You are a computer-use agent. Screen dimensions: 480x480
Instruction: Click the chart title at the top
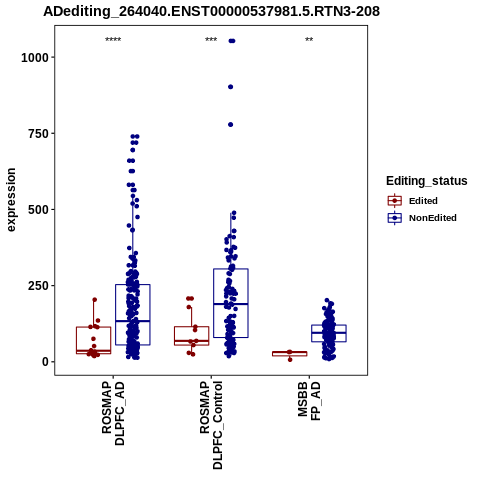coord(211,11)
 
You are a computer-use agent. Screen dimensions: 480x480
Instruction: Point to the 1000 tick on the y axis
coord(35,58)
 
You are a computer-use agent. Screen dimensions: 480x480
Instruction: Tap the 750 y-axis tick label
coord(39,134)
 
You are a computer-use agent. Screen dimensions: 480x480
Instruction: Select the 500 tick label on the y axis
coord(39,210)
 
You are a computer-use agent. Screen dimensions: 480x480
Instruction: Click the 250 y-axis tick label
coord(39,286)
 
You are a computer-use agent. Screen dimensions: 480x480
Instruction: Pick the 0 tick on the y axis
coord(46,362)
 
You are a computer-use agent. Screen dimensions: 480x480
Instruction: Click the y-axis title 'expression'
coord(11,200)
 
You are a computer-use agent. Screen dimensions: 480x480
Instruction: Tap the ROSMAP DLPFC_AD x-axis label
coord(113,413)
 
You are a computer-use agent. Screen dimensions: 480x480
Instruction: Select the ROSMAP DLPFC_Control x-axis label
coord(211,425)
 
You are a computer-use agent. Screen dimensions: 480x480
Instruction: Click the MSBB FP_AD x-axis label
coord(309,401)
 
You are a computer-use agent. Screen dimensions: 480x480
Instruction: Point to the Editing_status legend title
coord(427,181)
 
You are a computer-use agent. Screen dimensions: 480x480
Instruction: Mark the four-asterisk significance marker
coord(113,40)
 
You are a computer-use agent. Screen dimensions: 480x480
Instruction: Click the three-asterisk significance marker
coord(211,40)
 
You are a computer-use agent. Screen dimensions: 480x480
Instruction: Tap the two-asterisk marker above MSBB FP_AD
coord(309,40)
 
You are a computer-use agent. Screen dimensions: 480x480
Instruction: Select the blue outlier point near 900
coord(230,87)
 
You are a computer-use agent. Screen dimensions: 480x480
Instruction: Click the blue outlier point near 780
coord(230,125)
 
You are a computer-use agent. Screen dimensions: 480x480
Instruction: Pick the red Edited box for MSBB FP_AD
coord(290,354)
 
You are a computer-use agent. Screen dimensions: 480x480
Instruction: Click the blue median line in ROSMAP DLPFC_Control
coord(231,304)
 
